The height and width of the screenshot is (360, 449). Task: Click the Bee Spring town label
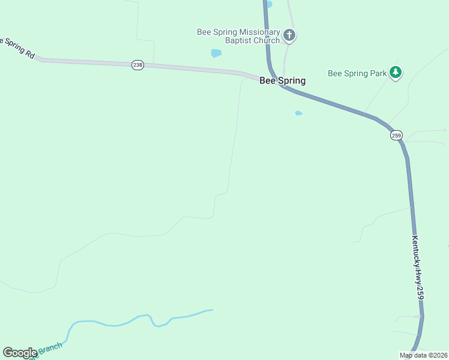(x=282, y=80)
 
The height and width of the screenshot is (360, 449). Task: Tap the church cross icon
(x=289, y=35)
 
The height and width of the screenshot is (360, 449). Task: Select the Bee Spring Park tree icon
(x=395, y=73)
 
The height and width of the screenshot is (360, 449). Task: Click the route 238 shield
(x=137, y=65)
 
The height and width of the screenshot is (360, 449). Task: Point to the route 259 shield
(x=396, y=136)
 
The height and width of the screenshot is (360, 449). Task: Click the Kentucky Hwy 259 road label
(x=418, y=267)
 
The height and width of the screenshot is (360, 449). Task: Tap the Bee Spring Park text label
(x=357, y=73)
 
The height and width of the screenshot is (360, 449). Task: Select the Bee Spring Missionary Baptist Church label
(x=238, y=36)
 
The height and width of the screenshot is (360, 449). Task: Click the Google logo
(x=19, y=353)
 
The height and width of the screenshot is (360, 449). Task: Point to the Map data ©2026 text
(x=423, y=355)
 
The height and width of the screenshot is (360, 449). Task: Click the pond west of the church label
(x=216, y=53)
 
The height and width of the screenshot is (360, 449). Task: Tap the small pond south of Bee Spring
(x=298, y=113)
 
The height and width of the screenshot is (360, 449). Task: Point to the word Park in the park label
(x=378, y=73)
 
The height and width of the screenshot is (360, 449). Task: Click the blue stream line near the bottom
(x=120, y=324)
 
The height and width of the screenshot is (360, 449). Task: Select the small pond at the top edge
(x=268, y=4)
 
